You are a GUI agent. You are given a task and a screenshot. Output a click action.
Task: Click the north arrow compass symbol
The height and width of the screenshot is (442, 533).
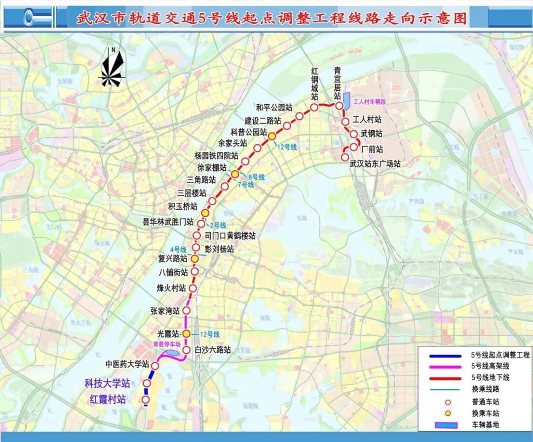coord(113,67)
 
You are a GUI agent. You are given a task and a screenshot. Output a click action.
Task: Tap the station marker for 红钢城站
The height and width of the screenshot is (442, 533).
coord(314,107)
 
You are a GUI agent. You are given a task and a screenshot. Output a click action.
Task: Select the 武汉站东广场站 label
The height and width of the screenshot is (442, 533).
coord(375,164)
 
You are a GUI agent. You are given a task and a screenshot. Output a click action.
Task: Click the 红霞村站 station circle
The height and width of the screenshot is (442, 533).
coord(146,400)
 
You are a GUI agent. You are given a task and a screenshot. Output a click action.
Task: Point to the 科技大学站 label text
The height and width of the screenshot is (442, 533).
coord(107,383)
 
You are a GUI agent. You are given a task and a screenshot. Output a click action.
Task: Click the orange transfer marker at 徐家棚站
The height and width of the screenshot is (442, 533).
coord(235,174)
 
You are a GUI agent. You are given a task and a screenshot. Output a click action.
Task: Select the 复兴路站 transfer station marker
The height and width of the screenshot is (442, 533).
coord(195,258)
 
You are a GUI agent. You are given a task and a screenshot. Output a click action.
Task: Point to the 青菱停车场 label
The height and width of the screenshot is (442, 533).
coord(166,345)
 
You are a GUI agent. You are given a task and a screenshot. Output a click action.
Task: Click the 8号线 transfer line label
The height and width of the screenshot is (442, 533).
coord(257,177)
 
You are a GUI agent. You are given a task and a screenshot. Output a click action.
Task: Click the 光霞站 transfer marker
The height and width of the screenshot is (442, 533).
coord(187,334)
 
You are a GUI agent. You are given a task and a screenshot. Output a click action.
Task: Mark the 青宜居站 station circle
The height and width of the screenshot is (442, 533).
coord(339,106)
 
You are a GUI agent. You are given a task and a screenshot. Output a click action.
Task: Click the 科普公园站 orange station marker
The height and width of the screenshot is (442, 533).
coord(272,136)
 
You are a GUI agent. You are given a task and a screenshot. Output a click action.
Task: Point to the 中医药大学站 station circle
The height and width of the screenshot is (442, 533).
coord(154,366)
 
